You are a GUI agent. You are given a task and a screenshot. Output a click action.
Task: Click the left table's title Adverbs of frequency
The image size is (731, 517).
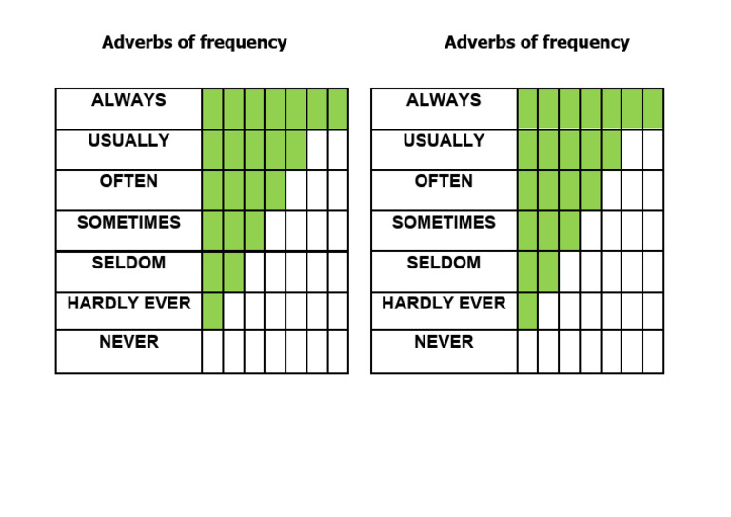(194, 43)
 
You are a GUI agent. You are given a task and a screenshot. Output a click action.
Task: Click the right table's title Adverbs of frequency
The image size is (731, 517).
(537, 43)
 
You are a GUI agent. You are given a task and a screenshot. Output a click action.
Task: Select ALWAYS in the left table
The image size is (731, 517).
(128, 100)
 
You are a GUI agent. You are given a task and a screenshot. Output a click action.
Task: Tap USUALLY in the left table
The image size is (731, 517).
(128, 141)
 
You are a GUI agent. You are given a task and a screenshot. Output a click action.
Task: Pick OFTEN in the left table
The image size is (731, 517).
(128, 181)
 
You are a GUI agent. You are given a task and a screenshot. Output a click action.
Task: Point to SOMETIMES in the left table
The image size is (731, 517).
(128, 222)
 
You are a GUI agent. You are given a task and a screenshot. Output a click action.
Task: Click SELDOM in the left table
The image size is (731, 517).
(128, 263)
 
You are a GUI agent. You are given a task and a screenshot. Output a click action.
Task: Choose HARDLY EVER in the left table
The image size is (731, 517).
(128, 304)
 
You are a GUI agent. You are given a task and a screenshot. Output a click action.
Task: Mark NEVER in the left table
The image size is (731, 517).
(128, 341)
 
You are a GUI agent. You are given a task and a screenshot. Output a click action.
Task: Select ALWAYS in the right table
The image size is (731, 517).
(444, 100)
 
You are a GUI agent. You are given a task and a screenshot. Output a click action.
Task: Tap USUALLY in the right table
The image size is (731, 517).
(444, 141)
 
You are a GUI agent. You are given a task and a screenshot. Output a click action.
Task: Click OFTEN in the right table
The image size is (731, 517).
(444, 181)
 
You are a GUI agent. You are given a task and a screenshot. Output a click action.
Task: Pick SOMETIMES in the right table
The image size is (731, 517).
(444, 222)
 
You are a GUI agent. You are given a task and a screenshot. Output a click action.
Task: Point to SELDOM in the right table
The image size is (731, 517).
(444, 263)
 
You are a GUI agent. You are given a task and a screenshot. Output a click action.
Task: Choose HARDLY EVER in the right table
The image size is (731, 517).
(444, 304)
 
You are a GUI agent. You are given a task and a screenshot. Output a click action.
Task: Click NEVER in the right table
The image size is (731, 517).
(444, 341)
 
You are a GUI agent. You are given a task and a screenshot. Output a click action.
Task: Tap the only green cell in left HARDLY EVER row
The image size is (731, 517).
(212, 311)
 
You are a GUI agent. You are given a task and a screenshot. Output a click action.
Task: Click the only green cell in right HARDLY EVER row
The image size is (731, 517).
(527, 311)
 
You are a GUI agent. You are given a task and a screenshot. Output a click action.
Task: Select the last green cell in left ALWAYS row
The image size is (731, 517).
(338, 109)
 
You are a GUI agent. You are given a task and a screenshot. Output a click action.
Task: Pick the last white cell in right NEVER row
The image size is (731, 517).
(653, 351)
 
